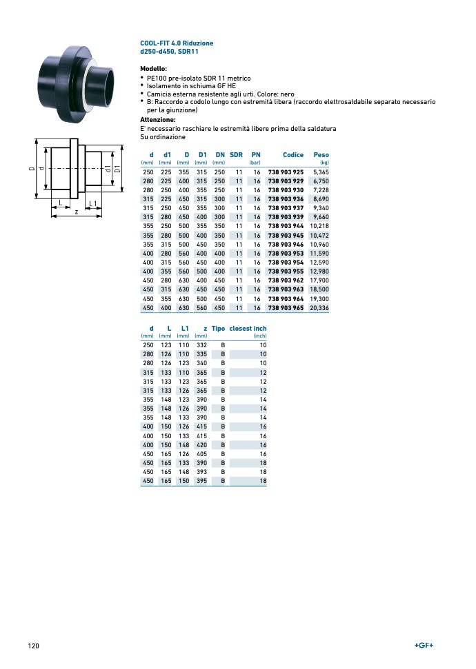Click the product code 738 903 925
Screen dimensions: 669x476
click(286, 171)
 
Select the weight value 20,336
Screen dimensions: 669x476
click(319, 308)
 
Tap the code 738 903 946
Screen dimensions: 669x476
click(286, 245)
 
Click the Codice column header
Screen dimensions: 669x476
click(293, 155)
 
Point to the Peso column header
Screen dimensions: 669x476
click(321, 155)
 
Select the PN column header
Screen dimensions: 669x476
click(256, 155)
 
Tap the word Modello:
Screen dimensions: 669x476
click(153, 70)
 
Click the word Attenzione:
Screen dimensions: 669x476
click(157, 120)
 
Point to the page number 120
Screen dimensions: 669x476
click(33, 646)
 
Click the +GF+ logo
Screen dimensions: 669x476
click(424, 645)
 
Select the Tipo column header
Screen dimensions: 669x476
click(218, 329)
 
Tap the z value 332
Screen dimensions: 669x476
click(201, 344)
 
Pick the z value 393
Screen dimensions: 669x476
click(201, 472)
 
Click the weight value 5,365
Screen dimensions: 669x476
click(321, 171)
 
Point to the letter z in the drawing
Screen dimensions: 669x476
click(77, 212)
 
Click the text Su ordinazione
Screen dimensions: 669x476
click(163, 137)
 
